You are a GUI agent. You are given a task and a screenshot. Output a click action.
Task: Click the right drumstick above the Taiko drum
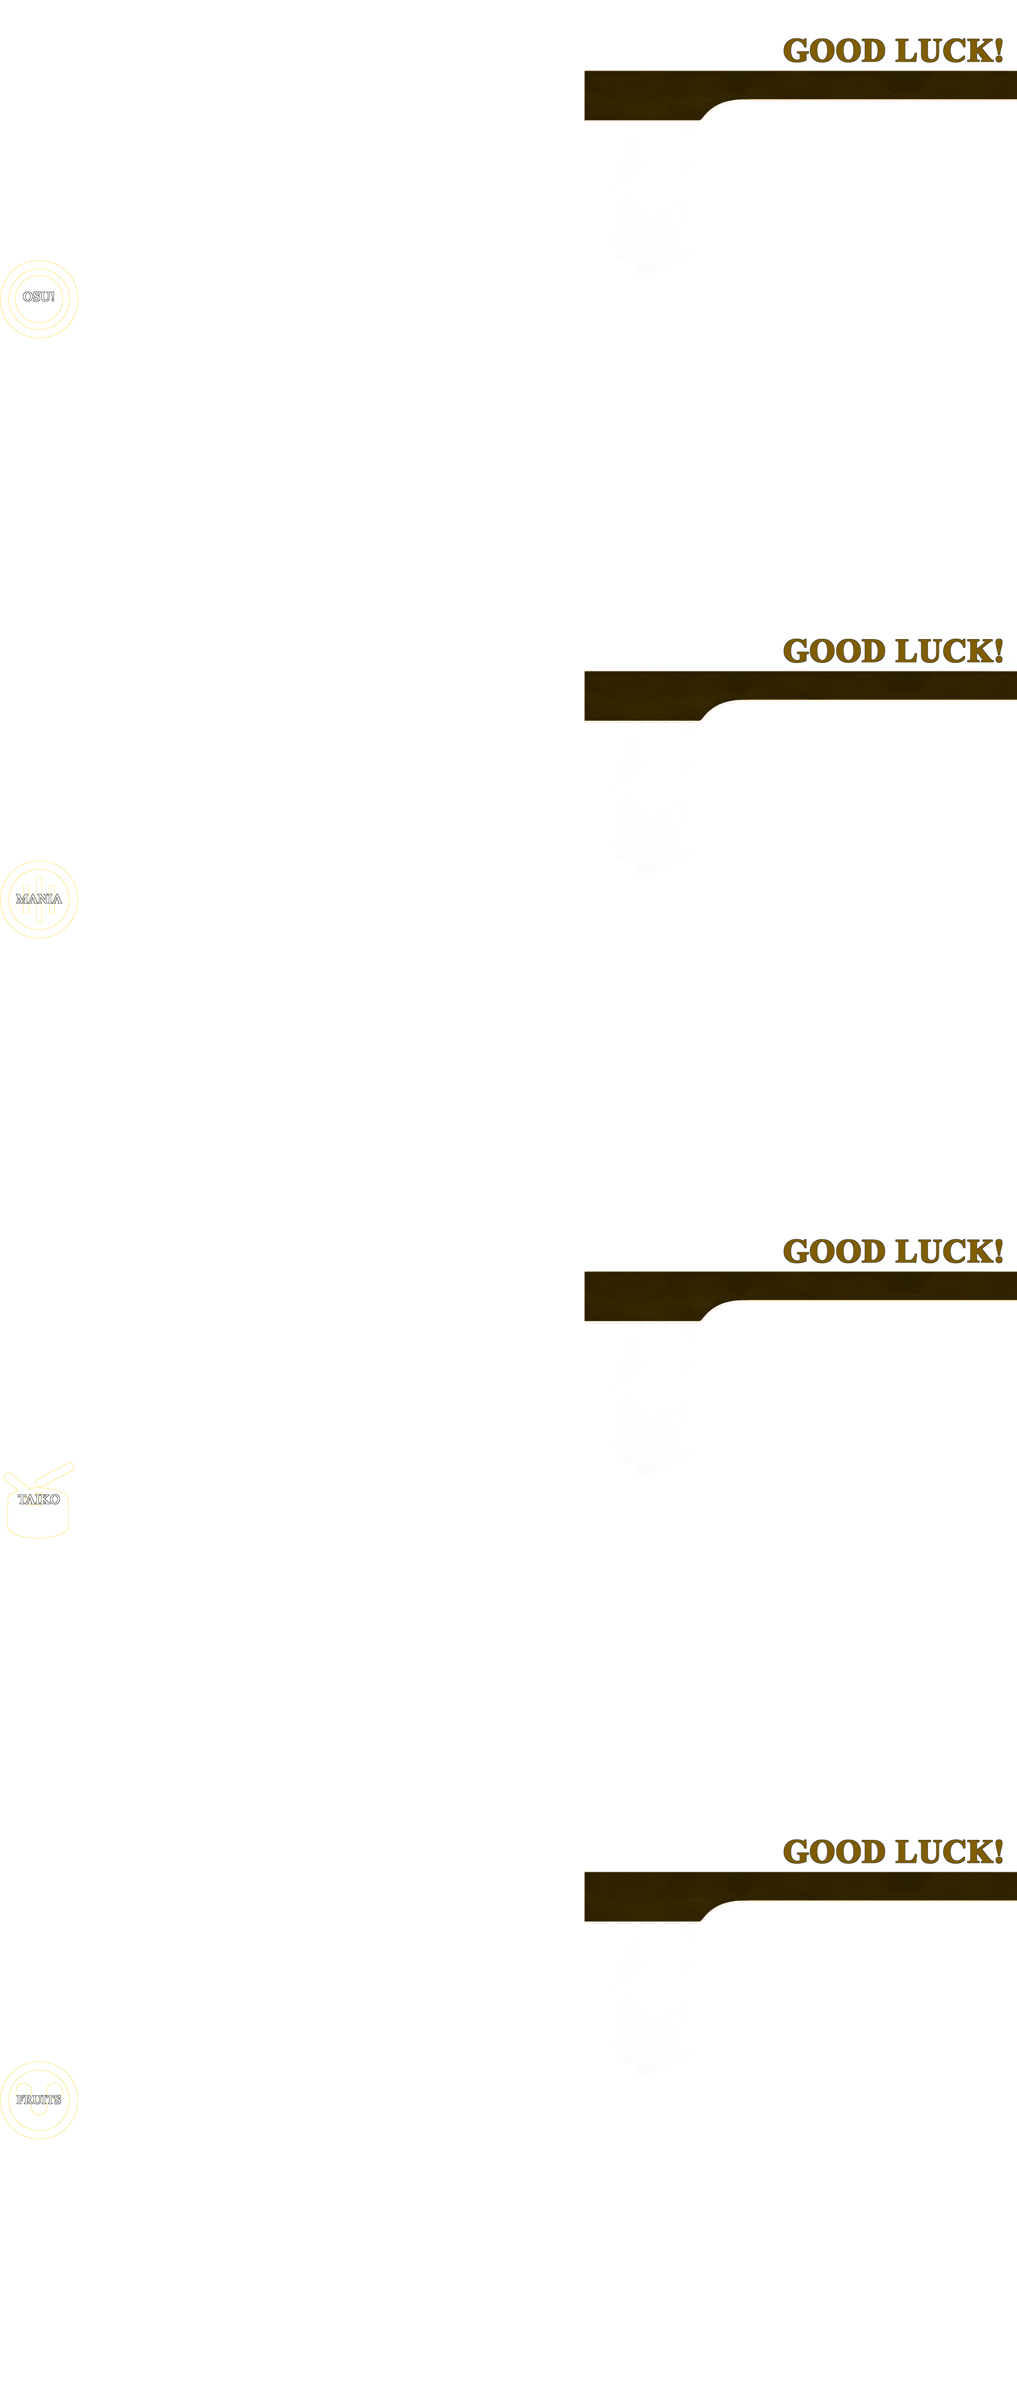coord(54,1474)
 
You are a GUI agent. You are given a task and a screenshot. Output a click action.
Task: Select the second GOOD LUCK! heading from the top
coord(893,650)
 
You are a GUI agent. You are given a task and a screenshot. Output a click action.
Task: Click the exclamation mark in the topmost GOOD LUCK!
coord(998,50)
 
